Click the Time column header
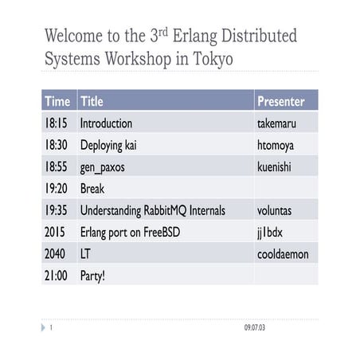click(x=57, y=102)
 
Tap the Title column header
click(x=92, y=102)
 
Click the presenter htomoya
click(x=277, y=146)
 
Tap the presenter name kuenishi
click(x=276, y=167)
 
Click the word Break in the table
click(x=92, y=189)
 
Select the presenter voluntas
click(x=276, y=211)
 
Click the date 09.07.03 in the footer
click(x=255, y=328)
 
